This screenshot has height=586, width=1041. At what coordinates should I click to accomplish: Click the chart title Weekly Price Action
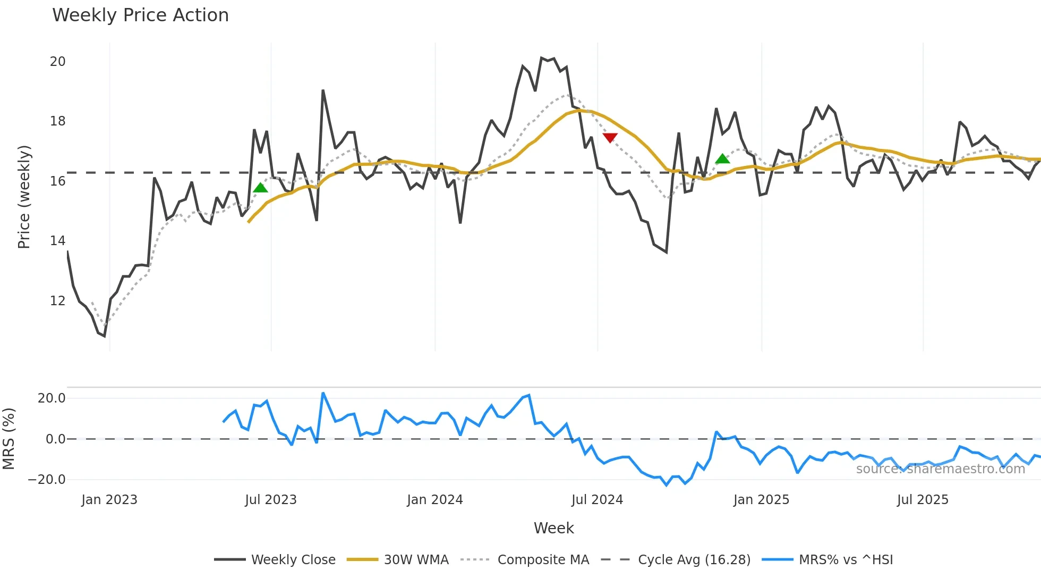point(140,15)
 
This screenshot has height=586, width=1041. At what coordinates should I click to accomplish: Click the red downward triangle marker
point(610,138)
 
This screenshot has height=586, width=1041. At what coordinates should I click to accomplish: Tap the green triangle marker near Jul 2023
point(260,188)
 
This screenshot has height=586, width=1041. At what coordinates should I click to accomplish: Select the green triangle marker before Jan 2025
point(722,159)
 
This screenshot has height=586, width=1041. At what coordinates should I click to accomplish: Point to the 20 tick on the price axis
point(57,62)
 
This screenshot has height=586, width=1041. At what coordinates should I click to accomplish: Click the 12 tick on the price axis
point(57,301)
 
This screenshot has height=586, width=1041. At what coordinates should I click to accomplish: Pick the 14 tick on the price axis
point(57,241)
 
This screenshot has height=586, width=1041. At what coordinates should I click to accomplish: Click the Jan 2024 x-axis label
point(434,500)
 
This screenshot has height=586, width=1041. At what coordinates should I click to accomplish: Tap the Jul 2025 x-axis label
point(922,500)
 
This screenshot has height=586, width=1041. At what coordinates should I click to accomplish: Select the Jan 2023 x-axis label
point(109,500)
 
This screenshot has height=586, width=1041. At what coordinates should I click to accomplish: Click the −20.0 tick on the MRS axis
point(46,480)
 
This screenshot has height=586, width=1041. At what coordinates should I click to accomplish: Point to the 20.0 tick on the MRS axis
point(51,398)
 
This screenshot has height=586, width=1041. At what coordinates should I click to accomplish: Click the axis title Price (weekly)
point(24,197)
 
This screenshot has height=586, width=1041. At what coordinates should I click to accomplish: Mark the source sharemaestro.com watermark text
point(940,469)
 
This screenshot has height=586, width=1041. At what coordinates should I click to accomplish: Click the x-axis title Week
point(553,528)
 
